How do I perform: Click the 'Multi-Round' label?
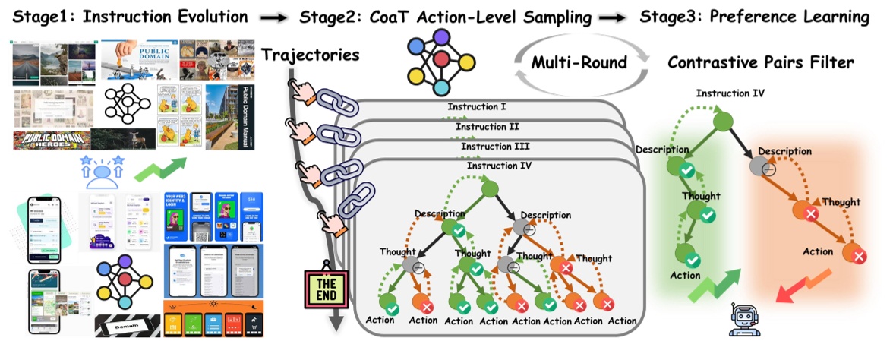(x=579, y=62)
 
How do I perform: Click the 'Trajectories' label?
(x=310, y=55)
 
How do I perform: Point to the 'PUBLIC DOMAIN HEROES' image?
(x=50, y=141)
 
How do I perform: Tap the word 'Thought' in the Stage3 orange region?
(x=841, y=202)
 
